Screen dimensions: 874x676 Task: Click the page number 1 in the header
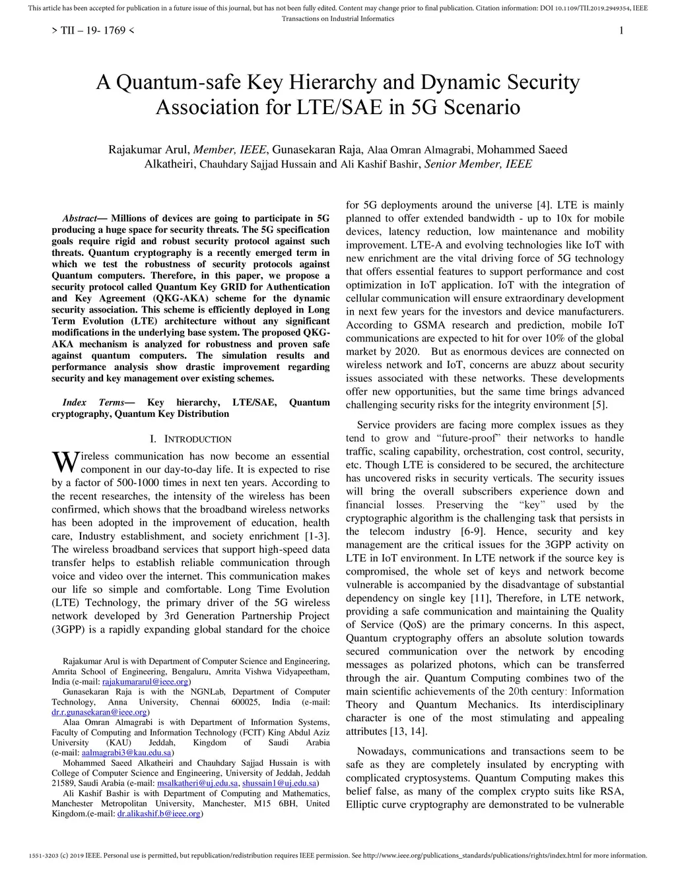[x=621, y=31]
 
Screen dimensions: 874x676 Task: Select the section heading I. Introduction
[x=190, y=439]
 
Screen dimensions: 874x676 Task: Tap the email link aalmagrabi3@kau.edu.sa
[x=126, y=753]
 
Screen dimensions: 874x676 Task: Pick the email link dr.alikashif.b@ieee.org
[x=158, y=814]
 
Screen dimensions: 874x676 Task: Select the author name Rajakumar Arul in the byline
[x=149, y=150]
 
